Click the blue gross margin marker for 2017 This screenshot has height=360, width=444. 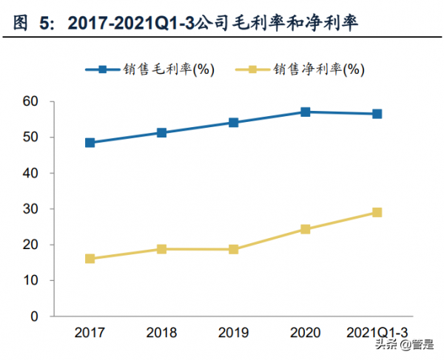coord(90,143)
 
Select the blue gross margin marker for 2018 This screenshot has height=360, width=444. coord(161,133)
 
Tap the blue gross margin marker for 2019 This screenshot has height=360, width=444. coord(233,123)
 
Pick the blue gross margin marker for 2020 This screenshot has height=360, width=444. coord(305,112)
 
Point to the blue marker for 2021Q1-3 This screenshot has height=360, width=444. coord(377,114)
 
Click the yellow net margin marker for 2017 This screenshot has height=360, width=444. coord(90,259)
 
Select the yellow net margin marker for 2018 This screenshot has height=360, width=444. coord(161,249)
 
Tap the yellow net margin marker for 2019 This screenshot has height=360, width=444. coord(233,250)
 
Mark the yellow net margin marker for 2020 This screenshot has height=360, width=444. coord(305,229)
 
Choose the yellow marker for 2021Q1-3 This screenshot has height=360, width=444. coord(377,212)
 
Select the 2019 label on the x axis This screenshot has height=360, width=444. coord(233,332)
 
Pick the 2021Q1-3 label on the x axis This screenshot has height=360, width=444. coord(377,332)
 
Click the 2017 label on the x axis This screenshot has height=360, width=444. coord(90,332)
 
